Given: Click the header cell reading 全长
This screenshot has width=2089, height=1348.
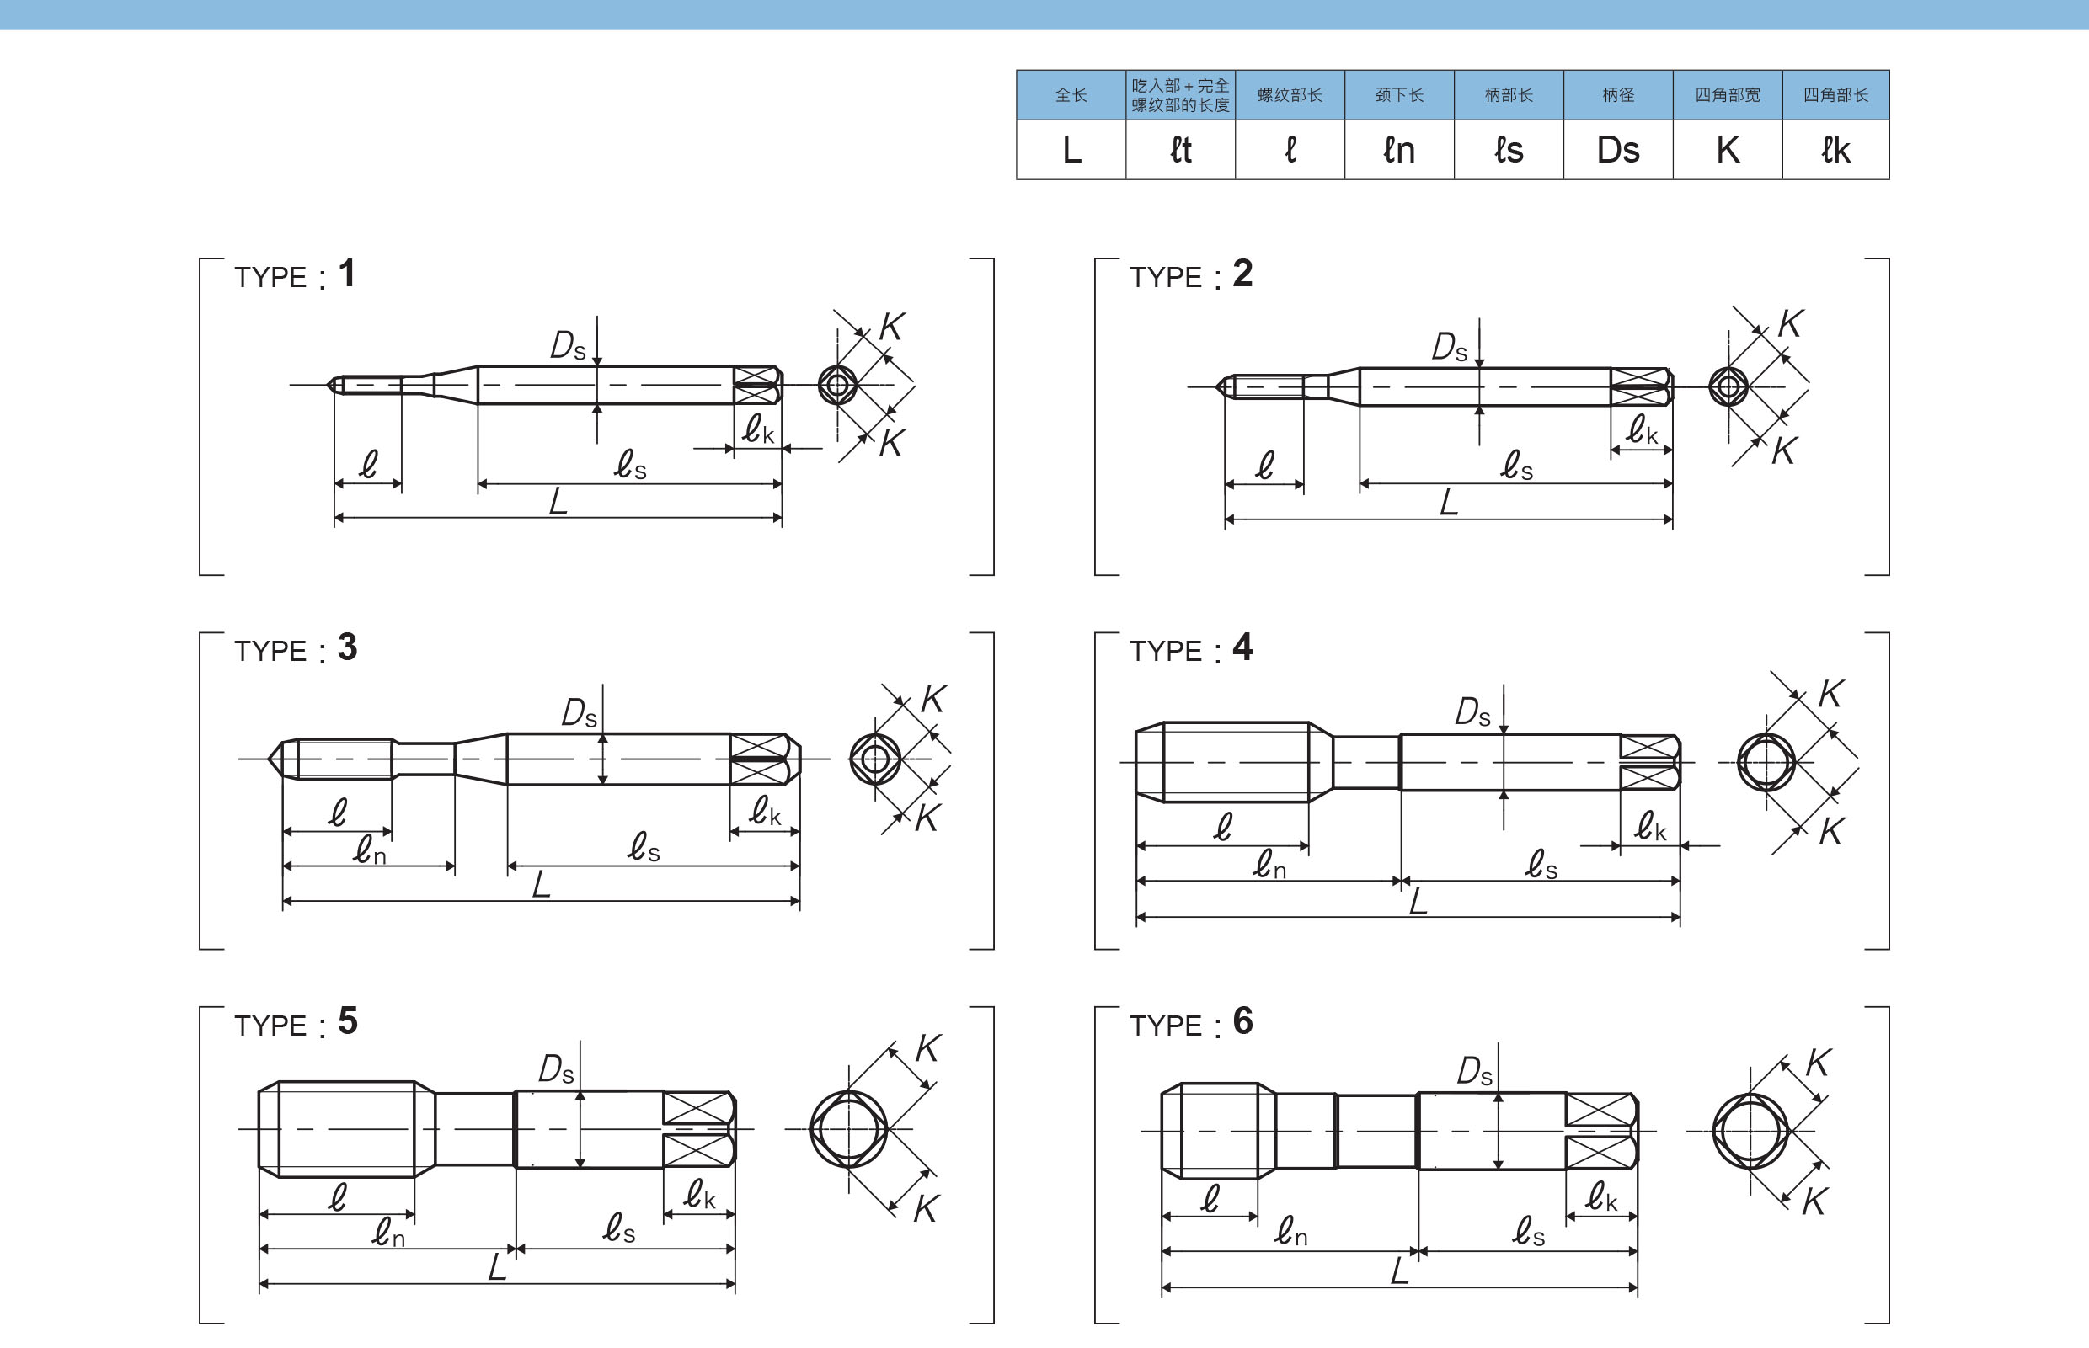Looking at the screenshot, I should (x=1071, y=94).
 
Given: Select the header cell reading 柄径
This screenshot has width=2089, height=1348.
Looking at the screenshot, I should (x=1617, y=94).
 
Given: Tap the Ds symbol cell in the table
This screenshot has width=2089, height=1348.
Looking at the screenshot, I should (x=1617, y=150).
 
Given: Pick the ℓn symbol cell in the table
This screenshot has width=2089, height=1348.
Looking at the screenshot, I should (x=1398, y=150).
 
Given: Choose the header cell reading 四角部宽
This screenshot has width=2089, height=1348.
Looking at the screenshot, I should (x=1727, y=94).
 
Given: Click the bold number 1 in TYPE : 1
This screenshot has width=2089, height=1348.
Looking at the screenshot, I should (x=347, y=273).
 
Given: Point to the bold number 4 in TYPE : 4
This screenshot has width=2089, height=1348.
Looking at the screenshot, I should (x=1242, y=647).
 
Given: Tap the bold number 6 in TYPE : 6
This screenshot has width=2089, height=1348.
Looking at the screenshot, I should (x=1242, y=1020).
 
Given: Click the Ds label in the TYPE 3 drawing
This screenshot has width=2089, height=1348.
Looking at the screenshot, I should (x=579, y=712).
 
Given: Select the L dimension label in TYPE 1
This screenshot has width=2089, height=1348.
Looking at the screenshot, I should (x=558, y=502).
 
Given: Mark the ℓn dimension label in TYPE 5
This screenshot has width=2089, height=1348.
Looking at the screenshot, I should (x=387, y=1233).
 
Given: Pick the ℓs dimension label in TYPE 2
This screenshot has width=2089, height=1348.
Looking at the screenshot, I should (x=1516, y=465).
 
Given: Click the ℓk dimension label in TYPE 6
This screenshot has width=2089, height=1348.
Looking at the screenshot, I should (x=1601, y=1196).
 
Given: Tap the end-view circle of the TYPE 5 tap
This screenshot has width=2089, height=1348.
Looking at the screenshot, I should (x=848, y=1129).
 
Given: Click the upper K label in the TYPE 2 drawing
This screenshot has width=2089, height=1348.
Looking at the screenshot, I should (x=1790, y=324).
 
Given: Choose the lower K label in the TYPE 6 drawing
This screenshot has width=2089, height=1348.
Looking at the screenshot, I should (x=1814, y=1201).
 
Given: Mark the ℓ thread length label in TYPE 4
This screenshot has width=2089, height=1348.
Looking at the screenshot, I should (x=1223, y=826).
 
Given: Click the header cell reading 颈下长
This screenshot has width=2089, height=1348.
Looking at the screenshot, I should (x=1398, y=94).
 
